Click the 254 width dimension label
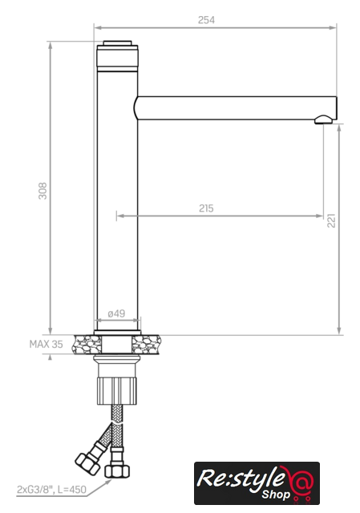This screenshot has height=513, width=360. coord(206,20)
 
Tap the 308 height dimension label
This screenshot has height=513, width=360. coord(42,191)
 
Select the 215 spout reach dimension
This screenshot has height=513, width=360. coord(206,208)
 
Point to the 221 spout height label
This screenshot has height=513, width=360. coord(331,220)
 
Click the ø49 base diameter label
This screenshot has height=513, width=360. coord(116,313)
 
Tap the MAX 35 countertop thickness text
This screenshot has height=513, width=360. coord(46,344)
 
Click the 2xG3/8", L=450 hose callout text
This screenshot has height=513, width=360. coord(51,490)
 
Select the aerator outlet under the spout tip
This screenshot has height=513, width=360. coord(323,119)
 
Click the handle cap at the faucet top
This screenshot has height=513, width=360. coord(117,43)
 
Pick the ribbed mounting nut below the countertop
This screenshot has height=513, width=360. coord(117,390)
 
